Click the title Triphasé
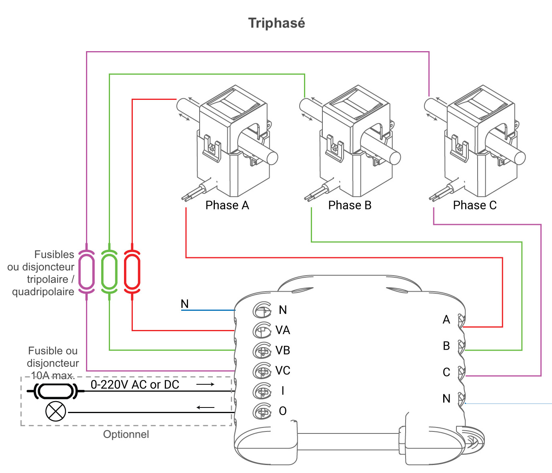coord(276,23)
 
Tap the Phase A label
coord(227,205)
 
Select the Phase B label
coord(350,205)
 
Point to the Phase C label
coord(475,205)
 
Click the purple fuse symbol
coord(86,272)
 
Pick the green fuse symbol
coord(109,272)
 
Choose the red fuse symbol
coord(132,272)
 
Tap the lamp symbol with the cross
coord(56,411)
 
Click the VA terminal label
coord(283,330)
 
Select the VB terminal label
coord(283,351)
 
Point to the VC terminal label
coord(283,371)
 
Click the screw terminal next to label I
coord(262,391)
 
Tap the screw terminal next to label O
coord(262,411)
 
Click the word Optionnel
coord(126,435)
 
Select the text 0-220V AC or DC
coord(135,385)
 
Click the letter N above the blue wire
coord(184,304)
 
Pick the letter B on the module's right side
coord(446,346)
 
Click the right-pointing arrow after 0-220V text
coord(206,384)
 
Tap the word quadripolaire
coord(43,292)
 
